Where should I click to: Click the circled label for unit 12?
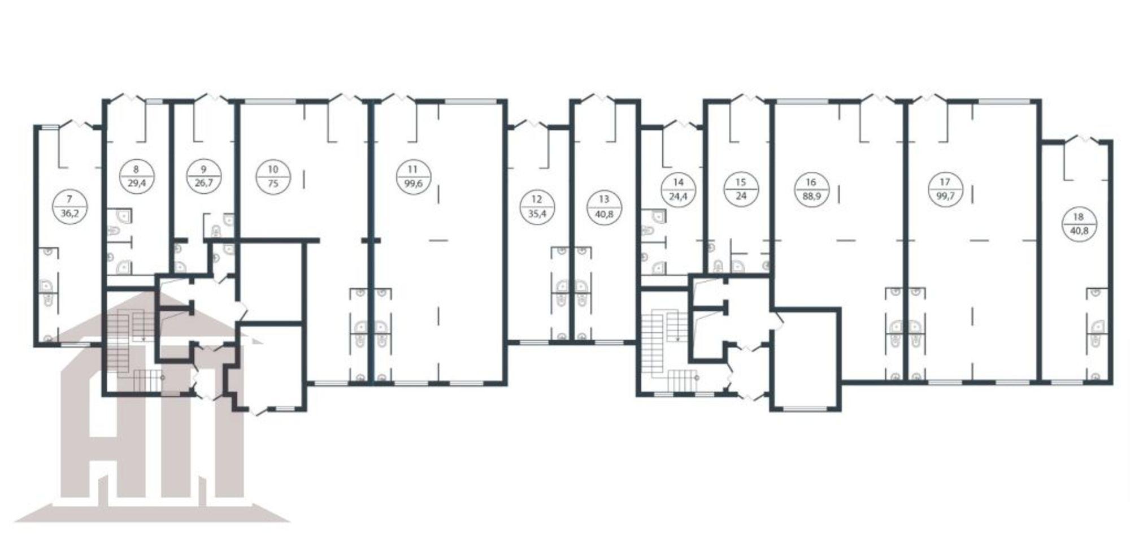(537, 207)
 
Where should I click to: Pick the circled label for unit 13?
(604, 207)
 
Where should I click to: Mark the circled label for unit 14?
(679, 190)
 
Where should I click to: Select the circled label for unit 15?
(741, 190)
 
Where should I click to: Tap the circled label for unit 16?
(811, 190)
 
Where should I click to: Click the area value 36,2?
(69, 214)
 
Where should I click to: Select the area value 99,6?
(414, 184)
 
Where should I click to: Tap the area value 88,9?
(811, 198)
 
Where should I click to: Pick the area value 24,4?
(679, 198)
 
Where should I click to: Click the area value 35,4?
(537, 215)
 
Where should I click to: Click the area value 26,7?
(204, 184)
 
